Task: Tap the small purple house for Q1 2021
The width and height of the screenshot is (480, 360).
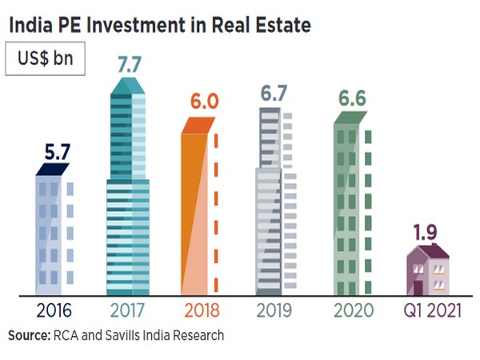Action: (x=427, y=272)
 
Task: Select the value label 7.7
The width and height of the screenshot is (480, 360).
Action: (x=129, y=65)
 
